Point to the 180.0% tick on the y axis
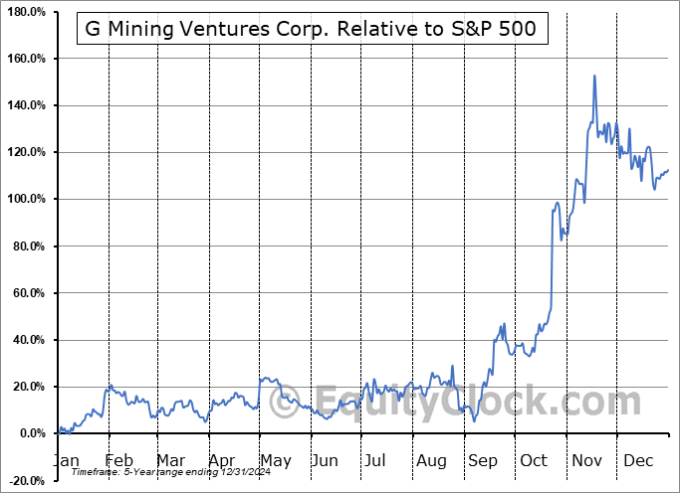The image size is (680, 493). (x=26, y=12)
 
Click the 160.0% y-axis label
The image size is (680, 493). (x=26, y=59)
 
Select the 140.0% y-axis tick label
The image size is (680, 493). (x=26, y=105)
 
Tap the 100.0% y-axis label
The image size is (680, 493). (x=26, y=199)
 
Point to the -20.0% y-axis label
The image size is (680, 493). (x=27, y=480)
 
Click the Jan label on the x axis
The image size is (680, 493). (x=65, y=460)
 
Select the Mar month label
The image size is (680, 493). (x=169, y=460)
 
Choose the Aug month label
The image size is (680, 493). (x=431, y=460)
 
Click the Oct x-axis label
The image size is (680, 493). (x=535, y=460)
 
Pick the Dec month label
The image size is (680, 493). (x=639, y=460)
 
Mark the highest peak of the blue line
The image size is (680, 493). (x=594, y=76)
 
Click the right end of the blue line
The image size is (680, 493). (x=669, y=170)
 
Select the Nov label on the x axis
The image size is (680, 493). (x=587, y=460)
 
